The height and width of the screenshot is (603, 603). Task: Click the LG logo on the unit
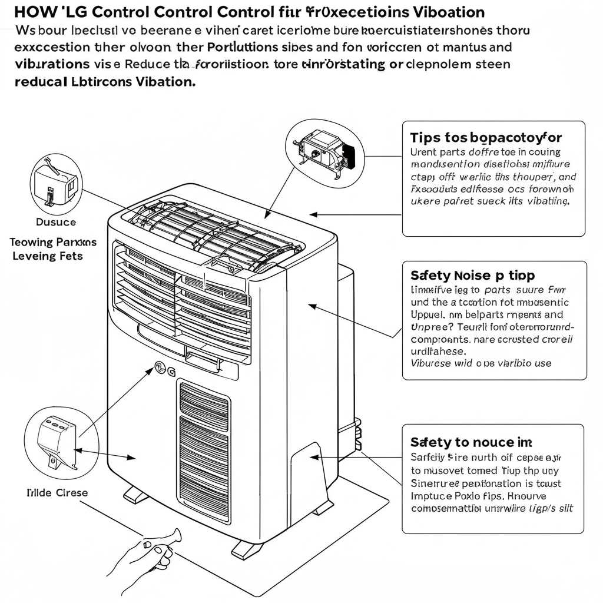click(x=164, y=369)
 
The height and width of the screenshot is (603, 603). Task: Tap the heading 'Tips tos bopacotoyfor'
click(x=486, y=138)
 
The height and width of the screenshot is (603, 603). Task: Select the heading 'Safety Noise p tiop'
click(x=472, y=275)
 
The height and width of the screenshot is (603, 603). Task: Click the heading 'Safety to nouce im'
click(x=471, y=442)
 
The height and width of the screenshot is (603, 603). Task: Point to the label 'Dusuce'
click(x=56, y=222)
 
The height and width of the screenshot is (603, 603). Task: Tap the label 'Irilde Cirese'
click(x=57, y=492)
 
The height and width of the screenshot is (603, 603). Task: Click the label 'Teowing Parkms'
click(x=53, y=242)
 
